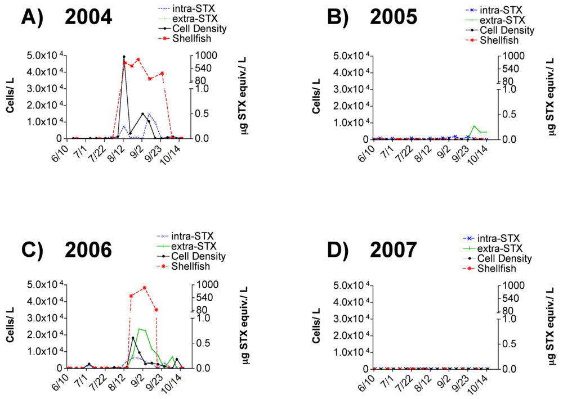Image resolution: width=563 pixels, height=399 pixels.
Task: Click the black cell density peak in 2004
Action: pos(124,57)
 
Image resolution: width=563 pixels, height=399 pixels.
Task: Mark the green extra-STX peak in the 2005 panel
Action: pos(474,126)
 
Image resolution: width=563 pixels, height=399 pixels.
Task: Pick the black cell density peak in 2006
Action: pos(133,338)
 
